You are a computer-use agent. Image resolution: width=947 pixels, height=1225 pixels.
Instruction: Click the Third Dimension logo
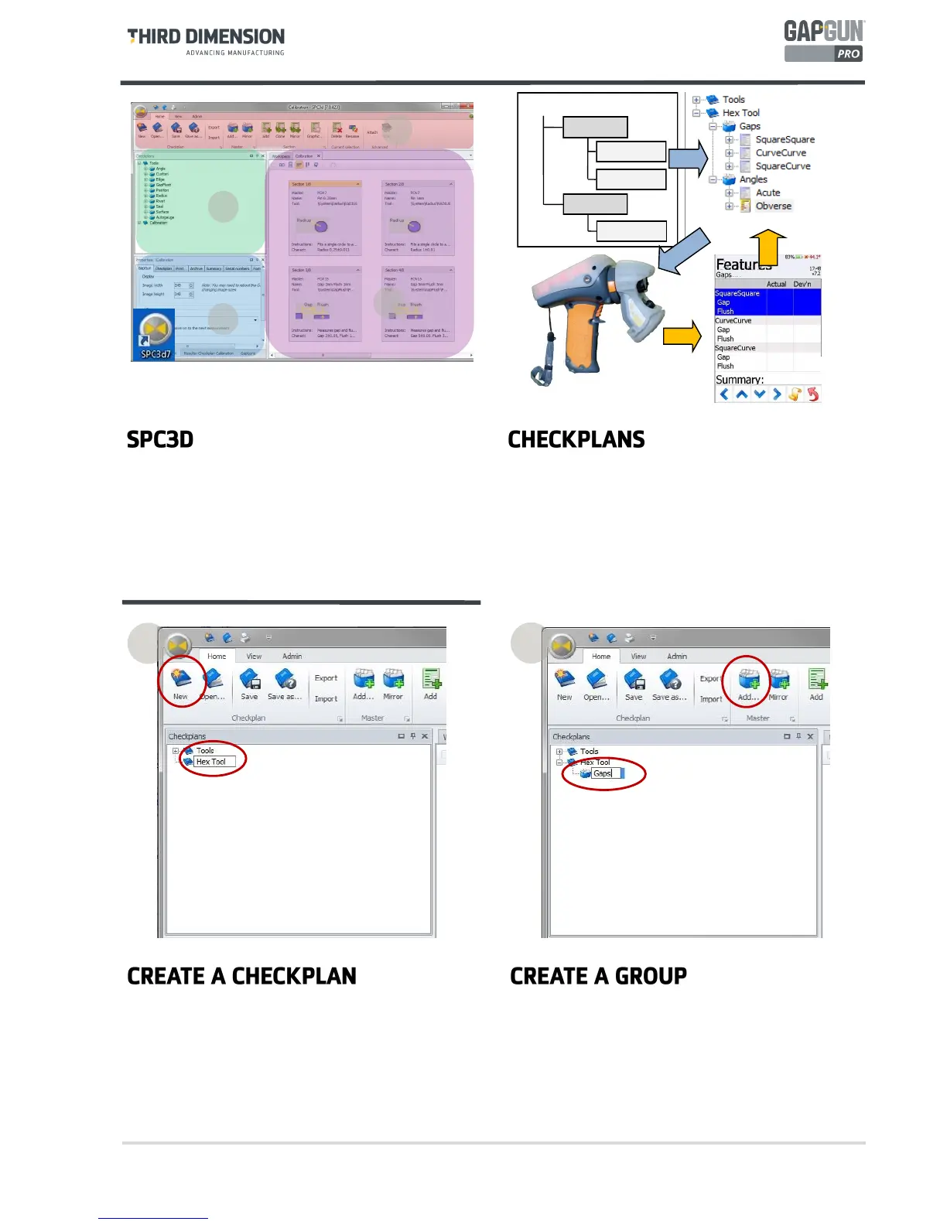(x=206, y=41)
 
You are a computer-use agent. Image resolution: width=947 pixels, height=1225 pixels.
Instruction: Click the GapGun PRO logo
(x=823, y=42)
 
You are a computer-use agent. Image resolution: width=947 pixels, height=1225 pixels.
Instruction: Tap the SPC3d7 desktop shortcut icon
(x=155, y=333)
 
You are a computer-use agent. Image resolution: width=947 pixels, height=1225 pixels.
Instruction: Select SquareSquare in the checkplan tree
(x=785, y=140)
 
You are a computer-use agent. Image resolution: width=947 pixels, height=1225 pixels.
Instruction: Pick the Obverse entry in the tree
(x=773, y=206)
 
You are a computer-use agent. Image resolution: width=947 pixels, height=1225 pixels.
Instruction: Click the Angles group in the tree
(x=753, y=179)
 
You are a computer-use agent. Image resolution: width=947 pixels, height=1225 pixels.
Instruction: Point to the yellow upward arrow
(x=768, y=247)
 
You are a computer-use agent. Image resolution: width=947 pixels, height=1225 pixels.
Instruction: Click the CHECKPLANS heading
(x=576, y=439)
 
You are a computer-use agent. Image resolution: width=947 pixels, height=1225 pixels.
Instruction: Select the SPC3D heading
(x=160, y=439)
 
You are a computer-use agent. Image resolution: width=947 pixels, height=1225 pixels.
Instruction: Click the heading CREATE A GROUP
(x=598, y=976)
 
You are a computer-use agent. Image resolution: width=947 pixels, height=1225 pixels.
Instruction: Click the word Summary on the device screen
(x=739, y=380)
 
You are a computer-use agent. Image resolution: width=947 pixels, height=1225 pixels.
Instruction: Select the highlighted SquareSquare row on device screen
(x=737, y=294)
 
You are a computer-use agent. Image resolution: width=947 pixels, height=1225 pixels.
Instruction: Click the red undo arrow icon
(x=812, y=394)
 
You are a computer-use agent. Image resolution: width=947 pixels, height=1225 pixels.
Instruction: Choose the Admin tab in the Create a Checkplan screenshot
(x=292, y=656)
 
